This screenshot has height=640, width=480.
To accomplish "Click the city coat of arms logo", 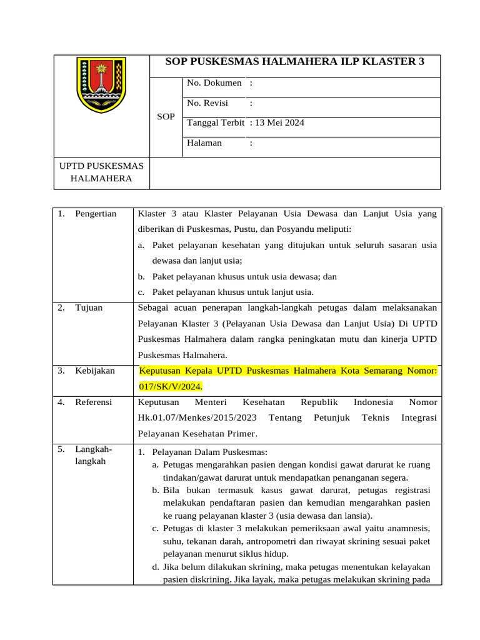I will (101, 85).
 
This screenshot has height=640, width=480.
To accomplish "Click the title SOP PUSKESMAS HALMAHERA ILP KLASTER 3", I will (294, 61).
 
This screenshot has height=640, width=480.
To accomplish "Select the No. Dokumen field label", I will (214, 82).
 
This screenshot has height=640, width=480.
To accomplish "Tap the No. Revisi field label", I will (207, 102).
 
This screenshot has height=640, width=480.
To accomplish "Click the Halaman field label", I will (204, 142).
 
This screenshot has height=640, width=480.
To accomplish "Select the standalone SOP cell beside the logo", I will (166, 117).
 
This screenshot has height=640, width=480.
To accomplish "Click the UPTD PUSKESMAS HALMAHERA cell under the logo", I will (101, 172).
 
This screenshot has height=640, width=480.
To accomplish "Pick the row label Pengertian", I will (96, 214).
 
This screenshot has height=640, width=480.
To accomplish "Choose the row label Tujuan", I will (89, 307).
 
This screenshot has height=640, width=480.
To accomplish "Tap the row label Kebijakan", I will (95, 371).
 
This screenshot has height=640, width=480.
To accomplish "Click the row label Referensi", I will (94, 402).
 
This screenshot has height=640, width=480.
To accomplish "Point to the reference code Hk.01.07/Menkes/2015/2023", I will (196, 417).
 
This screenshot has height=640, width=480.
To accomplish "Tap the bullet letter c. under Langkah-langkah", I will (156, 528).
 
